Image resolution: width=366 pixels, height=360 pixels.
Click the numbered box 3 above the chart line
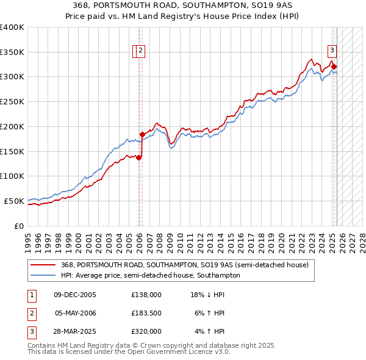(x=332, y=51)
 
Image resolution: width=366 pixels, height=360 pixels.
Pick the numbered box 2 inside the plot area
(x=140, y=51)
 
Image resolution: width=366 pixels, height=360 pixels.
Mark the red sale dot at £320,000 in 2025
(x=334, y=67)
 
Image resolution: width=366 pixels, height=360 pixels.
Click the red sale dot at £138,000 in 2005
(x=138, y=157)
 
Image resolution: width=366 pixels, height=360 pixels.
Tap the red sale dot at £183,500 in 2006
(x=142, y=134)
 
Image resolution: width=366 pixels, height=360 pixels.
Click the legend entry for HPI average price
(x=151, y=275)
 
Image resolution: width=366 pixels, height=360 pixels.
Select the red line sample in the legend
(x=43, y=265)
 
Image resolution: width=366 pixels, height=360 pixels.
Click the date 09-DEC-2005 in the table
(x=75, y=295)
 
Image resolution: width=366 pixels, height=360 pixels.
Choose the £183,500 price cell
(x=146, y=313)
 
